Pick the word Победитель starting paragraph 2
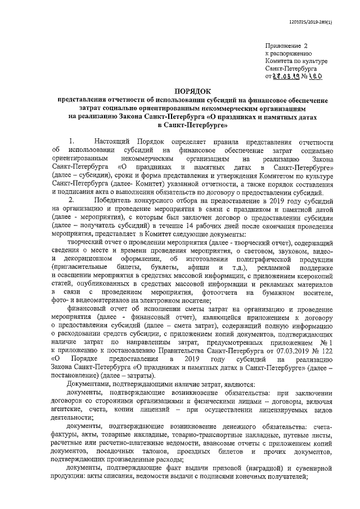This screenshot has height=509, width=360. [x=108, y=217]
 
